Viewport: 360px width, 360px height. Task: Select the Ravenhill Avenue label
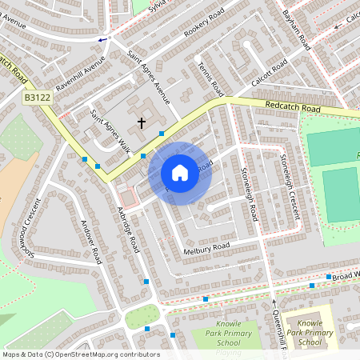pos(80,74)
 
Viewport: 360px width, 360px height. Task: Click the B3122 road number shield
pos(36,98)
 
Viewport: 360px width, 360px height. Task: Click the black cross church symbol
pos(142,122)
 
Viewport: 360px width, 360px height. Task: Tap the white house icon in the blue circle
pos(180,173)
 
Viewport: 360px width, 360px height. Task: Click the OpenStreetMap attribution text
pos(81,354)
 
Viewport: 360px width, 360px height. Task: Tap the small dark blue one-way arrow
pos(102,39)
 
